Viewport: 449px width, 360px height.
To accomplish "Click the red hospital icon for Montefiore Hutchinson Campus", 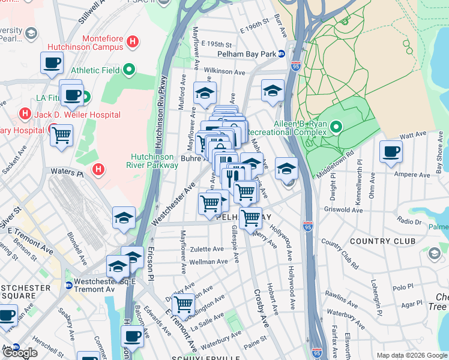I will click(134, 42).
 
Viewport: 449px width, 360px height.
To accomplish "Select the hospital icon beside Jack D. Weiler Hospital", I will click(25, 113).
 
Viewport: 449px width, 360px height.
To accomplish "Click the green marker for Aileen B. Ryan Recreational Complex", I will click(336, 127).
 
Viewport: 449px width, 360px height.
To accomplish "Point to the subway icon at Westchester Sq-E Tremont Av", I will click(68, 286).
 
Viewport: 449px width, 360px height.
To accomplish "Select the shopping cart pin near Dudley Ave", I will click(183, 304).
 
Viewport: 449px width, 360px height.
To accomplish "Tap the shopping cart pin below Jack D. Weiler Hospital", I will click(61, 137).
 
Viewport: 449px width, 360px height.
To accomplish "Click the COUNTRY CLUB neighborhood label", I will click(382, 241).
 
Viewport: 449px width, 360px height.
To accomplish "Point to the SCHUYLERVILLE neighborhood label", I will click(218, 356).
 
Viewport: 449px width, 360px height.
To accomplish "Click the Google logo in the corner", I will click(20, 353).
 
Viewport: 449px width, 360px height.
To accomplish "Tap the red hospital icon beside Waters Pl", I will click(98, 171).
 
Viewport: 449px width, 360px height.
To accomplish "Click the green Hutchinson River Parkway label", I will click(154, 161).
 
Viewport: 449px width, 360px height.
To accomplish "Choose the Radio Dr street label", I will click(409, 221).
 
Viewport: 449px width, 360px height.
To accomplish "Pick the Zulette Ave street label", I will click(206, 249).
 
